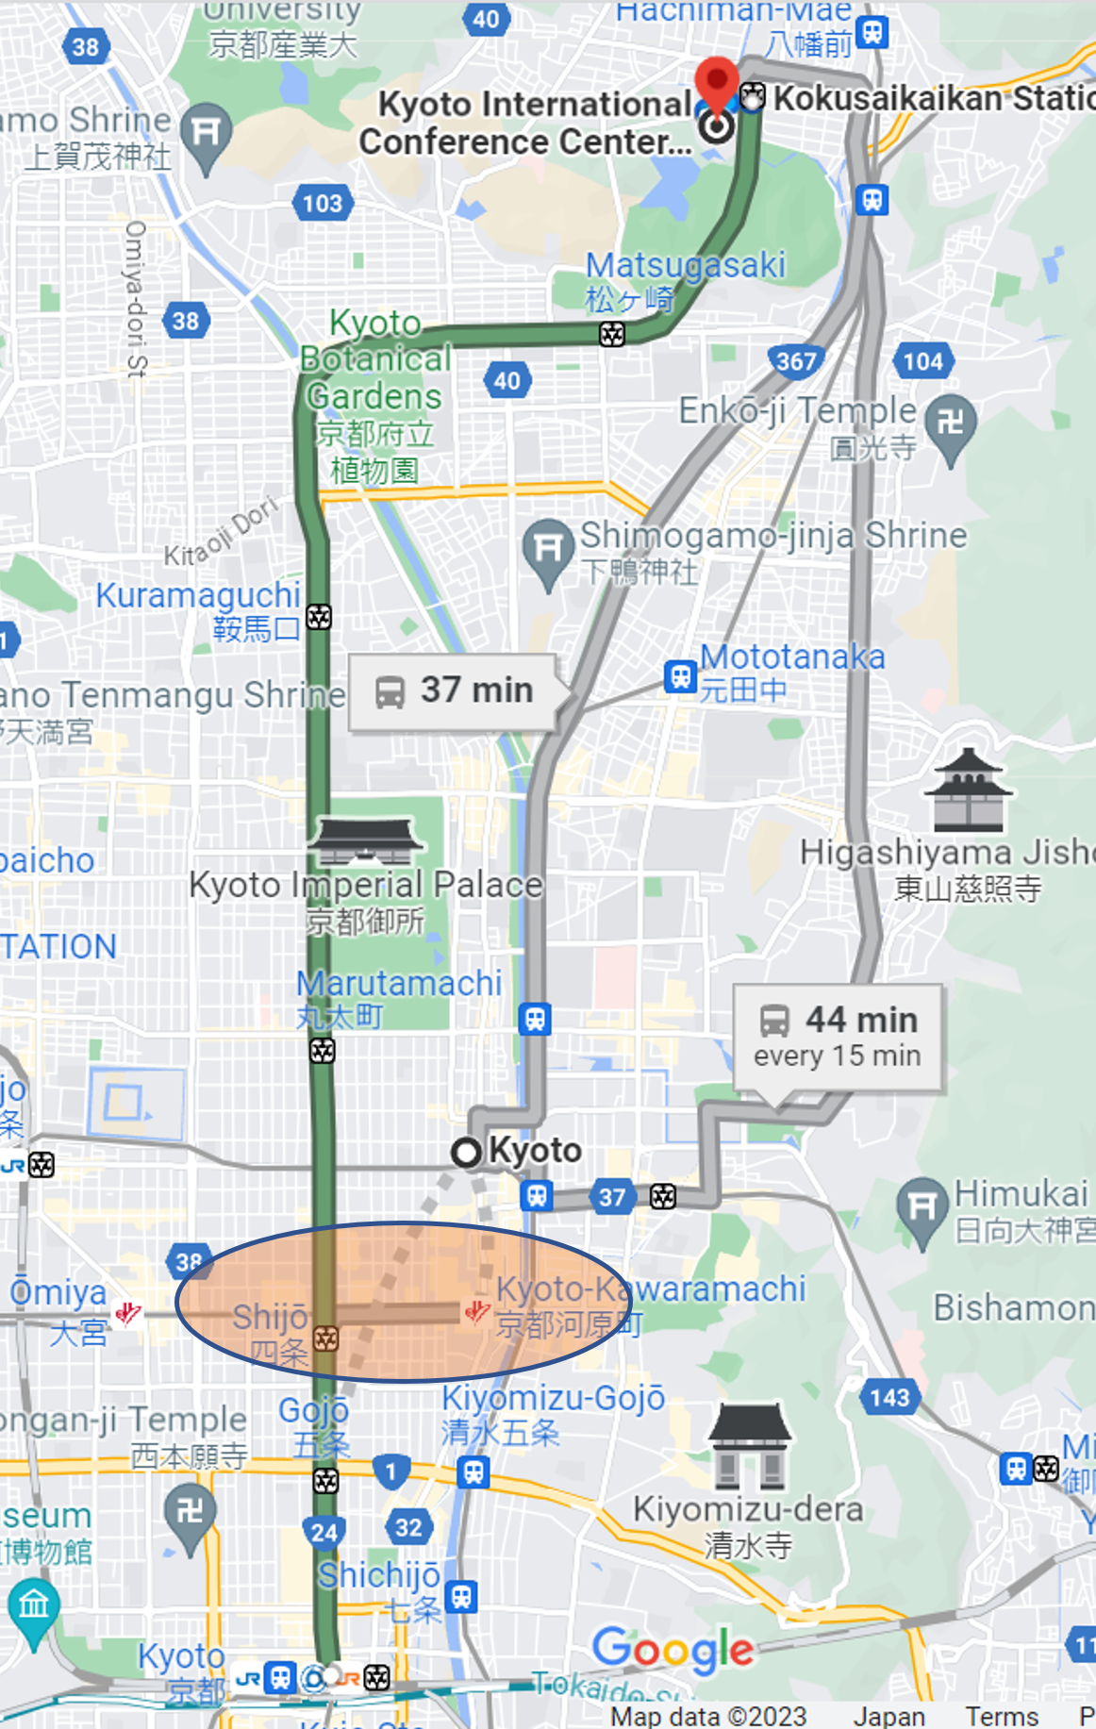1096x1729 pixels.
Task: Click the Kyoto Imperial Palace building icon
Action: tap(365, 840)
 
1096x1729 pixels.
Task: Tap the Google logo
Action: tap(673, 1649)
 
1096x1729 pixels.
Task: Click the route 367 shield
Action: tap(796, 361)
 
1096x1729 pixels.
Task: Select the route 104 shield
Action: tap(922, 361)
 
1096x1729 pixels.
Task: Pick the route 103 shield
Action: tap(323, 203)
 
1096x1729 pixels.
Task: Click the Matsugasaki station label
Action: tap(685, 281)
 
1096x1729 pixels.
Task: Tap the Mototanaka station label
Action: tap(791, 672)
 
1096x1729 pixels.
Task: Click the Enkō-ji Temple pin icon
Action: tap(950, 423)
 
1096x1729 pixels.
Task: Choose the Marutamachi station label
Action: tap(398, 998)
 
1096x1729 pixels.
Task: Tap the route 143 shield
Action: tap(889, 1398)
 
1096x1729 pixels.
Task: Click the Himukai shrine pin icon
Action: tap(922, 1207)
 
